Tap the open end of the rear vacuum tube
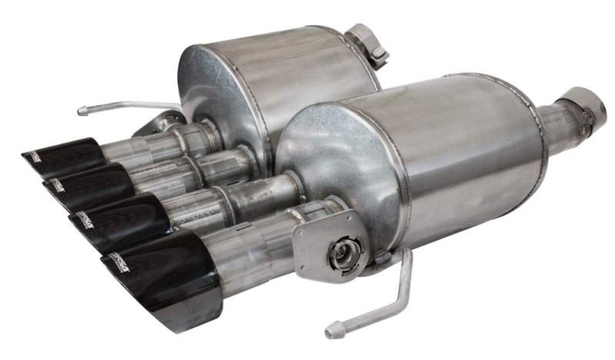point(81,111)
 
